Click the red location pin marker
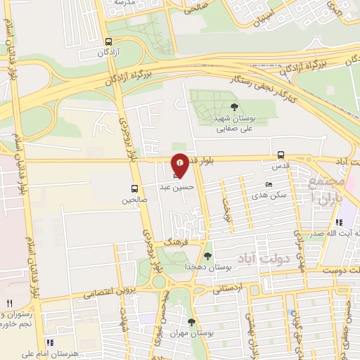[x=180, y=165]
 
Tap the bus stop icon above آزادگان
[x=108, y=41]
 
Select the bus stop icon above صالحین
[x=134, y=188]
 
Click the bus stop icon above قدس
[x=281, y=155]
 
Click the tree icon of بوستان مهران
[x=191, y=321]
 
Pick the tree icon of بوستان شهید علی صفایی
[x=234, y=106]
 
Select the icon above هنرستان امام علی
[x=49, y=342]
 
